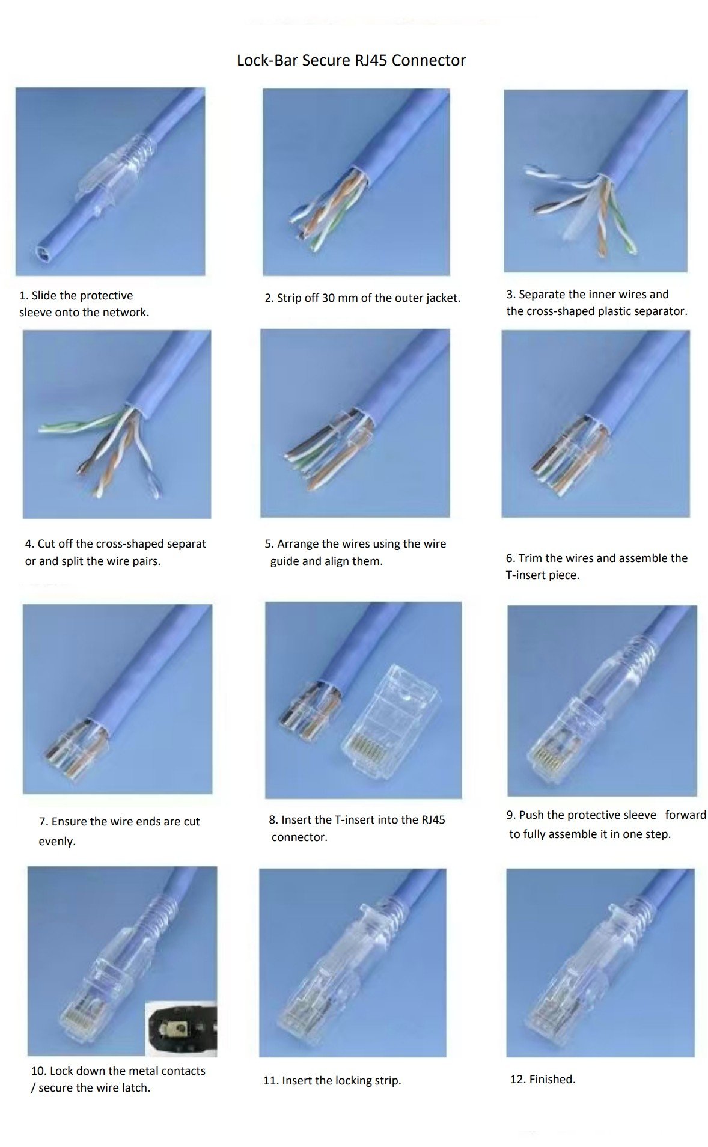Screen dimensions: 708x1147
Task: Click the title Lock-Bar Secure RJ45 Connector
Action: click(351, 60)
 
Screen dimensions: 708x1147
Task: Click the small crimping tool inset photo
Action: click(181, 1029)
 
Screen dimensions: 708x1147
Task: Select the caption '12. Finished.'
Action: click(542, 1079)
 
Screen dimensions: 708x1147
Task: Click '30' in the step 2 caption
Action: click(328, 298)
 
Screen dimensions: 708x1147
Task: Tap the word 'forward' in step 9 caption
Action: click(685, 815)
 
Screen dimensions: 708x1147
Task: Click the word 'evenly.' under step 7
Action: click(57, 841)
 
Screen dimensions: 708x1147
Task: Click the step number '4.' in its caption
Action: click(29, 544)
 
